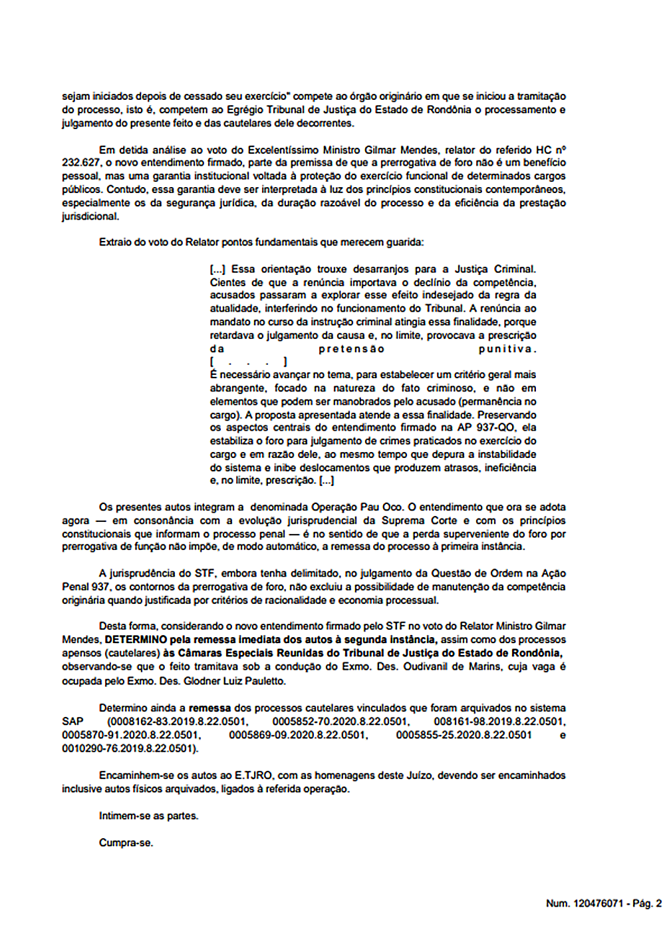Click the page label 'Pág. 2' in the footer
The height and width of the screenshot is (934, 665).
[646, 903]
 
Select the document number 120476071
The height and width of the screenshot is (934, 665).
[598, 903]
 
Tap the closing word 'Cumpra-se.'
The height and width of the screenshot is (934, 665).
[126, 843]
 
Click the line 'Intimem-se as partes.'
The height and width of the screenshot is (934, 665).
[148, 816]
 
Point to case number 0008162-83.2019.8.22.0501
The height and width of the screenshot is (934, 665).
[178, 722]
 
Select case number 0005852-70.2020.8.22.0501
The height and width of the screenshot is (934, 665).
[340, 722]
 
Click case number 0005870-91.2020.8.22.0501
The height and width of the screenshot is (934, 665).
[131, 735]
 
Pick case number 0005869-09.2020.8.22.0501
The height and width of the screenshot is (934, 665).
[298, 735]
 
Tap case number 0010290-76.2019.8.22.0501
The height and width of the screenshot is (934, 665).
[130, 748]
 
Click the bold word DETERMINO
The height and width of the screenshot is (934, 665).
[136, 640]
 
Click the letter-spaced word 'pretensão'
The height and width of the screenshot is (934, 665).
[351, 349]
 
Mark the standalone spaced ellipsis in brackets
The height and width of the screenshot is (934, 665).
[248, 362]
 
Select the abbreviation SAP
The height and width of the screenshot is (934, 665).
[72, 722]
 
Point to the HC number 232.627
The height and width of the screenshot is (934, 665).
[81, 162]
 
